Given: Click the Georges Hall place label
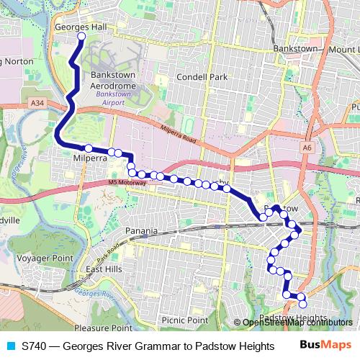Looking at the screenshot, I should pos(81,27).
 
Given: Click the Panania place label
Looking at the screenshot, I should pos(140,231).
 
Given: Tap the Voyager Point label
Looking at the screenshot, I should pos(45,257).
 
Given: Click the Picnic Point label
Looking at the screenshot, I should pos(184,320).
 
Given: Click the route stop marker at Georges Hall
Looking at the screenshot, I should pos(81,36).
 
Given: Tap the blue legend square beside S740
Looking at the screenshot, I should pos(9,346).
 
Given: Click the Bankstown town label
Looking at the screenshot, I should pos(296,48).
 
